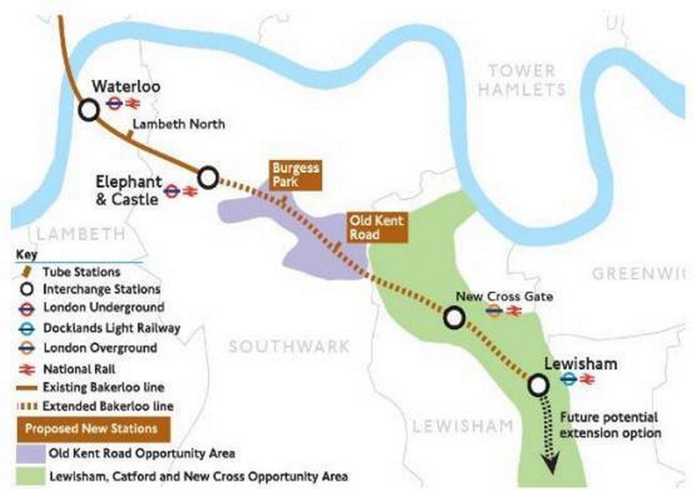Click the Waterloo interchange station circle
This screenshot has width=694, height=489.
88,109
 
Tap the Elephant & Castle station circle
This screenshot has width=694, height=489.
208,178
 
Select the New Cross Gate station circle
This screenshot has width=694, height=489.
454,317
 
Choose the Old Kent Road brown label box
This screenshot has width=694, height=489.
375,227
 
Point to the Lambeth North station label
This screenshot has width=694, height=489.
179,124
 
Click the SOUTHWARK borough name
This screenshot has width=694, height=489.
289,346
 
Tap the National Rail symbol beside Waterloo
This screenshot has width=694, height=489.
132,103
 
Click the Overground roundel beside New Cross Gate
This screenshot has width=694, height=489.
494,312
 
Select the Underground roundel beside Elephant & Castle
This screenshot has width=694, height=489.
171,191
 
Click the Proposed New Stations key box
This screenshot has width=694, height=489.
91,429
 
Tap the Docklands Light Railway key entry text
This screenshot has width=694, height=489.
112,328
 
